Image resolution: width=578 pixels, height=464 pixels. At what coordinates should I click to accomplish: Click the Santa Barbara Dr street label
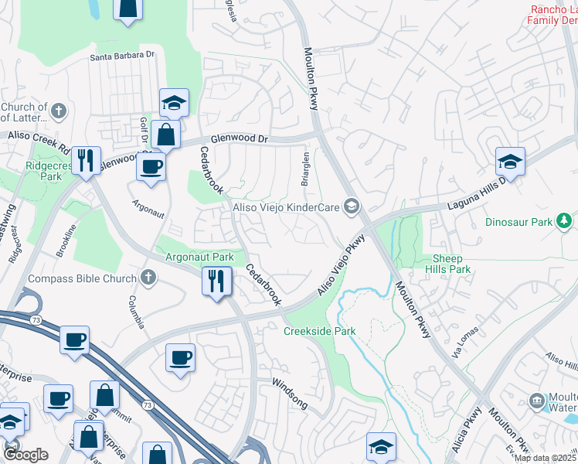(x=123, y=56)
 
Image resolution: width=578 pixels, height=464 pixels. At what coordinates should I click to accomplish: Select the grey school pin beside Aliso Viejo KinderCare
(x=352, y=206)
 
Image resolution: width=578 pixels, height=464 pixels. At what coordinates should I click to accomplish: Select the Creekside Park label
(x=319, y=331)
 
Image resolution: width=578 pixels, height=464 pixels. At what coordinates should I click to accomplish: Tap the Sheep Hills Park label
(x=447, y=264)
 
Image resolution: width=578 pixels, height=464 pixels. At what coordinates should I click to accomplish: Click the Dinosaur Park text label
(x=518, y=222)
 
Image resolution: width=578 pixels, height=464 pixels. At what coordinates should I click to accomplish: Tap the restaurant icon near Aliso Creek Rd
(x=85, y=160)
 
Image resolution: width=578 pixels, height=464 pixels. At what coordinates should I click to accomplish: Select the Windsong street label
(x=290, y=394)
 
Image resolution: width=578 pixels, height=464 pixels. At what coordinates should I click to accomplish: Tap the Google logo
(x=26, y=454)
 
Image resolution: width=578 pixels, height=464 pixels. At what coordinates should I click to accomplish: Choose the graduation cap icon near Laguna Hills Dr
(x=510, y=162)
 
